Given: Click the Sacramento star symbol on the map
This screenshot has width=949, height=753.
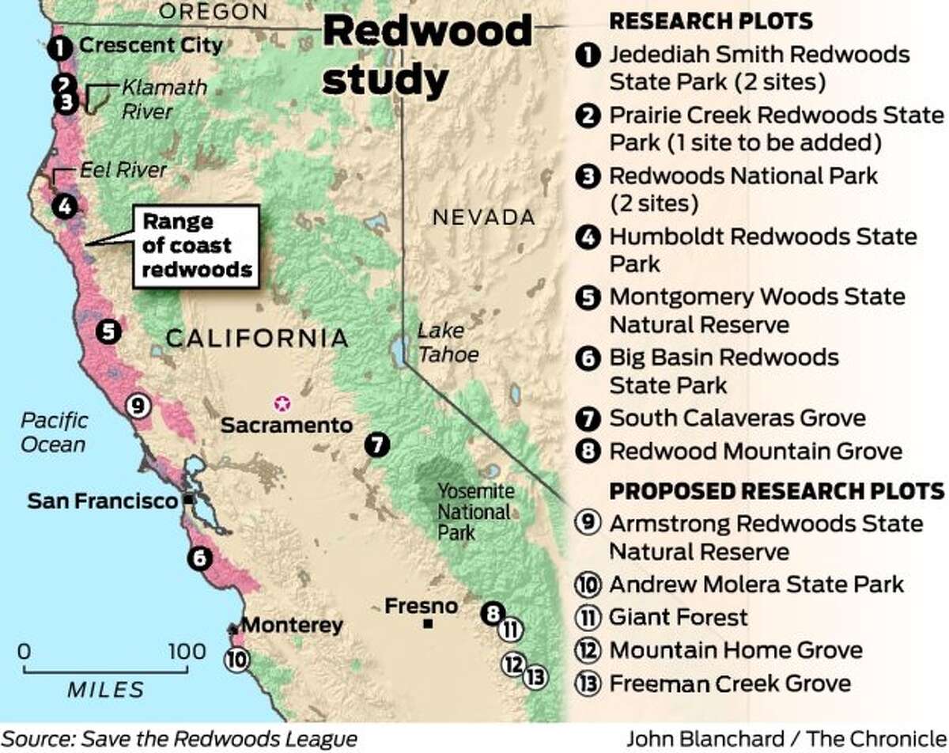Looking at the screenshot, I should coord(280,403).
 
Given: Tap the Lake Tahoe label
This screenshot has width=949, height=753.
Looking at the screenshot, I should coord(448,342).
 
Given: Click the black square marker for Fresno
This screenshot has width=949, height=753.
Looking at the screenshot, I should coord(429,623).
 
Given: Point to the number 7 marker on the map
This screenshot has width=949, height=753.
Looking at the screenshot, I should coord(378,445).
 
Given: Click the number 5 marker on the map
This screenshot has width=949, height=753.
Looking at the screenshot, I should coord(108,331).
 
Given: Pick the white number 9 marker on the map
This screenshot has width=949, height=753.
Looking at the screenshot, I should coord(138,406).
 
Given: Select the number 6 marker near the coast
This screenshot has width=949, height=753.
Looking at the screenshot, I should coord(198,559).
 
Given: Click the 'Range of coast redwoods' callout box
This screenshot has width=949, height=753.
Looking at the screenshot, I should coord(197,246).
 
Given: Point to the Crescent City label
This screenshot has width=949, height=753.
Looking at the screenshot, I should coord(151,45).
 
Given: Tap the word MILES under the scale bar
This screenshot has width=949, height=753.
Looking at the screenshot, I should coord(106,689).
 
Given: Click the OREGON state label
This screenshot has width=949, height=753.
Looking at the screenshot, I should coord(213,11).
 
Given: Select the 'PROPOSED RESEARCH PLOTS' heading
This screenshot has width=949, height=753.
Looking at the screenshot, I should coord(776,490).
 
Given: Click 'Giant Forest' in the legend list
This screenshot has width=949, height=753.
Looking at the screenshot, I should coord(678,616).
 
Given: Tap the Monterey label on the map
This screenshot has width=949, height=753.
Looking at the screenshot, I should coord(292,625).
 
